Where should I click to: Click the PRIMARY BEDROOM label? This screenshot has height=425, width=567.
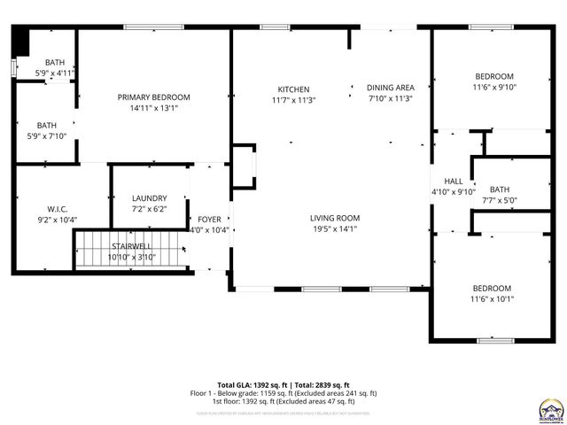tap(154, 97)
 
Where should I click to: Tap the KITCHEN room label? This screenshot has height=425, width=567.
tap(293, 89)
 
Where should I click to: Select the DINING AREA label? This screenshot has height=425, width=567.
tap(391, 88)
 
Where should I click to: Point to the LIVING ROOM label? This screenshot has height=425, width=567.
tap(334, 218)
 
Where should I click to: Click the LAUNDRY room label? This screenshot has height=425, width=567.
tap(149, 198)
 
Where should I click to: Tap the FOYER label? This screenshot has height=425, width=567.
tap(210, 219)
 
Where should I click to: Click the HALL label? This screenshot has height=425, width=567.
tap(454, 181)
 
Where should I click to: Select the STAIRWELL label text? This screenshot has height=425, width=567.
tap(131, 246)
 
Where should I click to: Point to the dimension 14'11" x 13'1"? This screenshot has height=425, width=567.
tap(154, 108)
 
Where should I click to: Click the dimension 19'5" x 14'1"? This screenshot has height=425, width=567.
tap(334, 228)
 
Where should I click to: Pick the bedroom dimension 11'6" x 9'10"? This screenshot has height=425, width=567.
tap(493, 87)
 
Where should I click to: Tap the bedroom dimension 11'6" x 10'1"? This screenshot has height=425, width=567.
tap(491, 299)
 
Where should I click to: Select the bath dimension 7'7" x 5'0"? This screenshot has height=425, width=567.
tap(500, 200)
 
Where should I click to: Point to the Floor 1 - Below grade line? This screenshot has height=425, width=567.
tap(283, 392)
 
